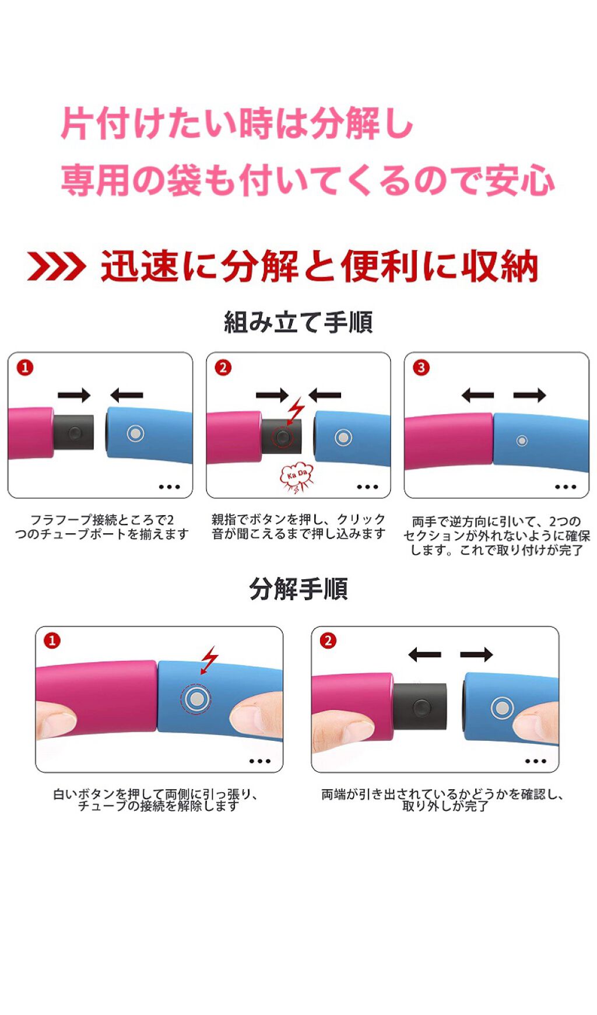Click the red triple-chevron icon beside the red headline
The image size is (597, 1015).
pyautogui.click(x=57, y=267)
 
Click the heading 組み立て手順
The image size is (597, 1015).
pyautogui.click(x=298, y=322)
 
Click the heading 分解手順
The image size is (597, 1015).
pyautogui.click(x=298, y=589)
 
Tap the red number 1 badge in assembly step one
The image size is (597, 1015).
pyautogui.click(x=25, y=367)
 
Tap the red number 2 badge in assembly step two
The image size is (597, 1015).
pyautogui.click(x=223, y=367)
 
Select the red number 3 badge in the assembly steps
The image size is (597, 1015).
pyautogui.click(x=421, y=367)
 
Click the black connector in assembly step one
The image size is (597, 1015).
pyautogui.click(x=73, y=432)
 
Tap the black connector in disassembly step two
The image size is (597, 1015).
pyautogui.click(x=420, y=707)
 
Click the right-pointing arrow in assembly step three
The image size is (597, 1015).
pyautogui.click(x=529, y=395)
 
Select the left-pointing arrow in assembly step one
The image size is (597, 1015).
pyautogui.click(x=127, y=395)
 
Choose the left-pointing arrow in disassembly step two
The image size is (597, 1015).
pyautogui.click(x=424, y=654)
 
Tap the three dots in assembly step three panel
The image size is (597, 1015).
pyautogui.click(x=565, y=487)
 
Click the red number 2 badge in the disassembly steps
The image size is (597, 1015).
pyautogui.click(x=328, y=640)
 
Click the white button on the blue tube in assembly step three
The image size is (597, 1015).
pyautogui.click(x=522, y=440)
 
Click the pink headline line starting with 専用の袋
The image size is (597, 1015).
pyautogui.click(x=307, y=180)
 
